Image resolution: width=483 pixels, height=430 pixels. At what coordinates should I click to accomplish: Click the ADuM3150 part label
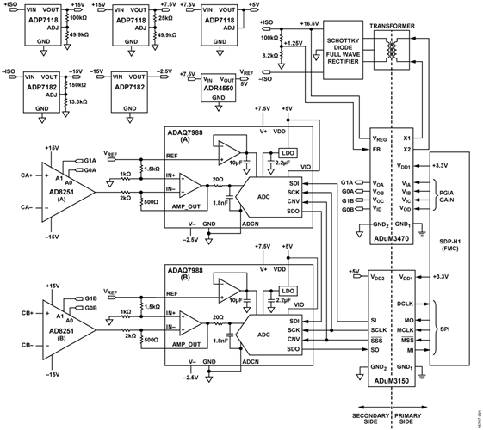[393, 380]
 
